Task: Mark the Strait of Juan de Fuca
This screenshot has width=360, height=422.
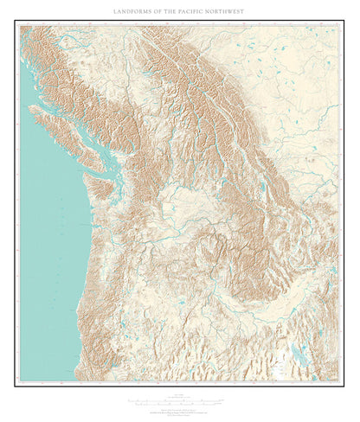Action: click(90, 164)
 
